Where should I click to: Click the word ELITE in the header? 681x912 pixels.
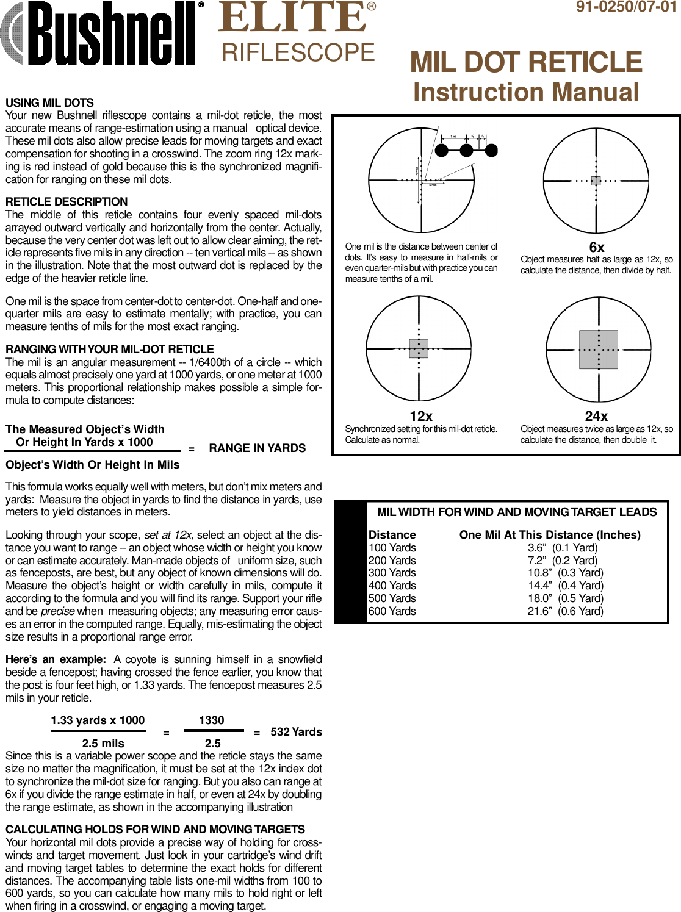(292, 18)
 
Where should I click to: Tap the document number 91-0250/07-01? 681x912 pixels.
(626, 7)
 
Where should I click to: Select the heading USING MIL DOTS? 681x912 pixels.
(49, 102)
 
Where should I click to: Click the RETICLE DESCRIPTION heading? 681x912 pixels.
(67, 201)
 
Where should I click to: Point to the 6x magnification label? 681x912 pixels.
(596, 247)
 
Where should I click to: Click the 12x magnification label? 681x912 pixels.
(420, 416)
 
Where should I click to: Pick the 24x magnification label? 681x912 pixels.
(596, 416)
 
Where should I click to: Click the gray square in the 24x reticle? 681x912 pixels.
(598, 350)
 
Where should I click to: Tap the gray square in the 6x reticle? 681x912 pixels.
(596, 181)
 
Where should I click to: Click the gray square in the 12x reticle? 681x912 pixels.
(419, 348)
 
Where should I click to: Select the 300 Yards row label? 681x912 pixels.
(392, 573)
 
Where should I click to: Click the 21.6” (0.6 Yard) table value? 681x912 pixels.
(565, 611)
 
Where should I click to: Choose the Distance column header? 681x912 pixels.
(392, 535)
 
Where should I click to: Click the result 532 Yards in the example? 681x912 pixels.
(296, 732)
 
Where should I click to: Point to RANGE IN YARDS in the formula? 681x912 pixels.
(257, 448)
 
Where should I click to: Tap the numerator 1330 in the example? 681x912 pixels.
(212, 720)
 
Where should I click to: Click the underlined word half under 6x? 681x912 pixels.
(662, 270)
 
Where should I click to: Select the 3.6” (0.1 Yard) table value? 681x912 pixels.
(563, 548)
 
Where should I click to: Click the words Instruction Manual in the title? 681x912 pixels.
(526, 92)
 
